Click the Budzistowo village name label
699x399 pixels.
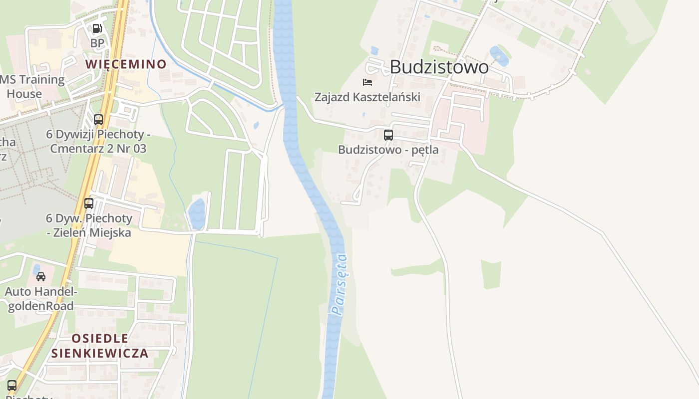pyautogui.click(x=439, y=67)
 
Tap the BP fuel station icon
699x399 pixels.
pyautogui.click(x=97, y=28)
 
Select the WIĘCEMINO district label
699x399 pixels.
pyautogui.click(x=125, y=64)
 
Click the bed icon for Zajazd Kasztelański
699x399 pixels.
pyautogui.click(x=367, y=82)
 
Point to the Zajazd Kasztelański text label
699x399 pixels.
pyautogui.click(x=367, y=97)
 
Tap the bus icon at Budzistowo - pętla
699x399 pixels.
pyautogui.click(x=388, y=135)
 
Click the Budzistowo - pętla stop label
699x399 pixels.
pyautogui.click(x=388, y=149)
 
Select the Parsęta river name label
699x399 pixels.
pyautogui.click(x=340, y=285)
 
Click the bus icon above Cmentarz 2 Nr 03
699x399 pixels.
pyautogui.click(x=98, y=120)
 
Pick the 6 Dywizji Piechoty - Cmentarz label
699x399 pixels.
pyautogui.click(x=98, y=141)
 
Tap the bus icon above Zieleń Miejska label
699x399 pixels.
pyautogui.click(x=89, y=203)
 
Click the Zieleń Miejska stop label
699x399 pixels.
pyautogui.click(x=89, y=225)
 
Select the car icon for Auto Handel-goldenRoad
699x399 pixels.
pyautogui.click(x=41, y=277)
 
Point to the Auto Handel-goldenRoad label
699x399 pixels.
pyautogui.click(x=40, y=298)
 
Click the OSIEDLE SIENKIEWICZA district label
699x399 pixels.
pyautogui.click(x=100, y=346)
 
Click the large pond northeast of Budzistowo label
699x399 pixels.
pyautogui.click(x=499, y=56)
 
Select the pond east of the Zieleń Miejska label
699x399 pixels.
pyautogui.click(x=197, y=213)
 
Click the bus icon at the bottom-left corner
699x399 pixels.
pyautogui.click(x=12, y=385)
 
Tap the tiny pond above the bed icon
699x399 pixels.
pyautogui.click(x=374, y=50)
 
